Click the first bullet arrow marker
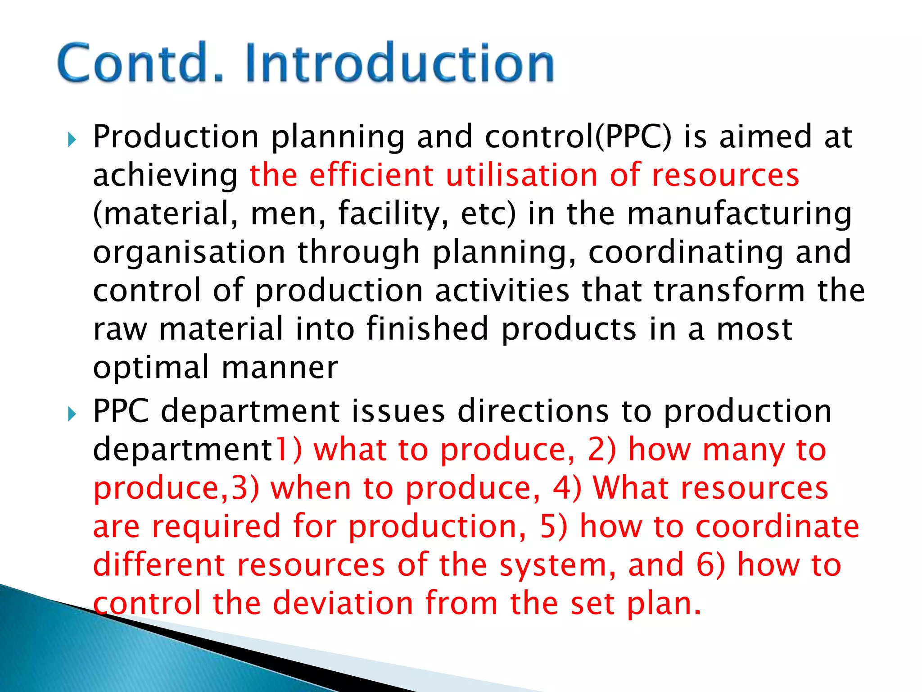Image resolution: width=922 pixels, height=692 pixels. click(72, 140)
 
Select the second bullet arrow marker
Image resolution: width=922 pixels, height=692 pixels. click(72, 414)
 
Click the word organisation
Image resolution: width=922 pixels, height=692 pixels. click(189, 252)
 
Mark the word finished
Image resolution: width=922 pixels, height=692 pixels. click(427, 328)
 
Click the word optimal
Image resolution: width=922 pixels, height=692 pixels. click(151, 368)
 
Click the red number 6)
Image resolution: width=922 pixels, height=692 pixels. click(710, 565)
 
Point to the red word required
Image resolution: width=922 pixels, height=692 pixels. click(217, 527)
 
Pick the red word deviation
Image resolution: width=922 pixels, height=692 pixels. click(343, 603)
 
